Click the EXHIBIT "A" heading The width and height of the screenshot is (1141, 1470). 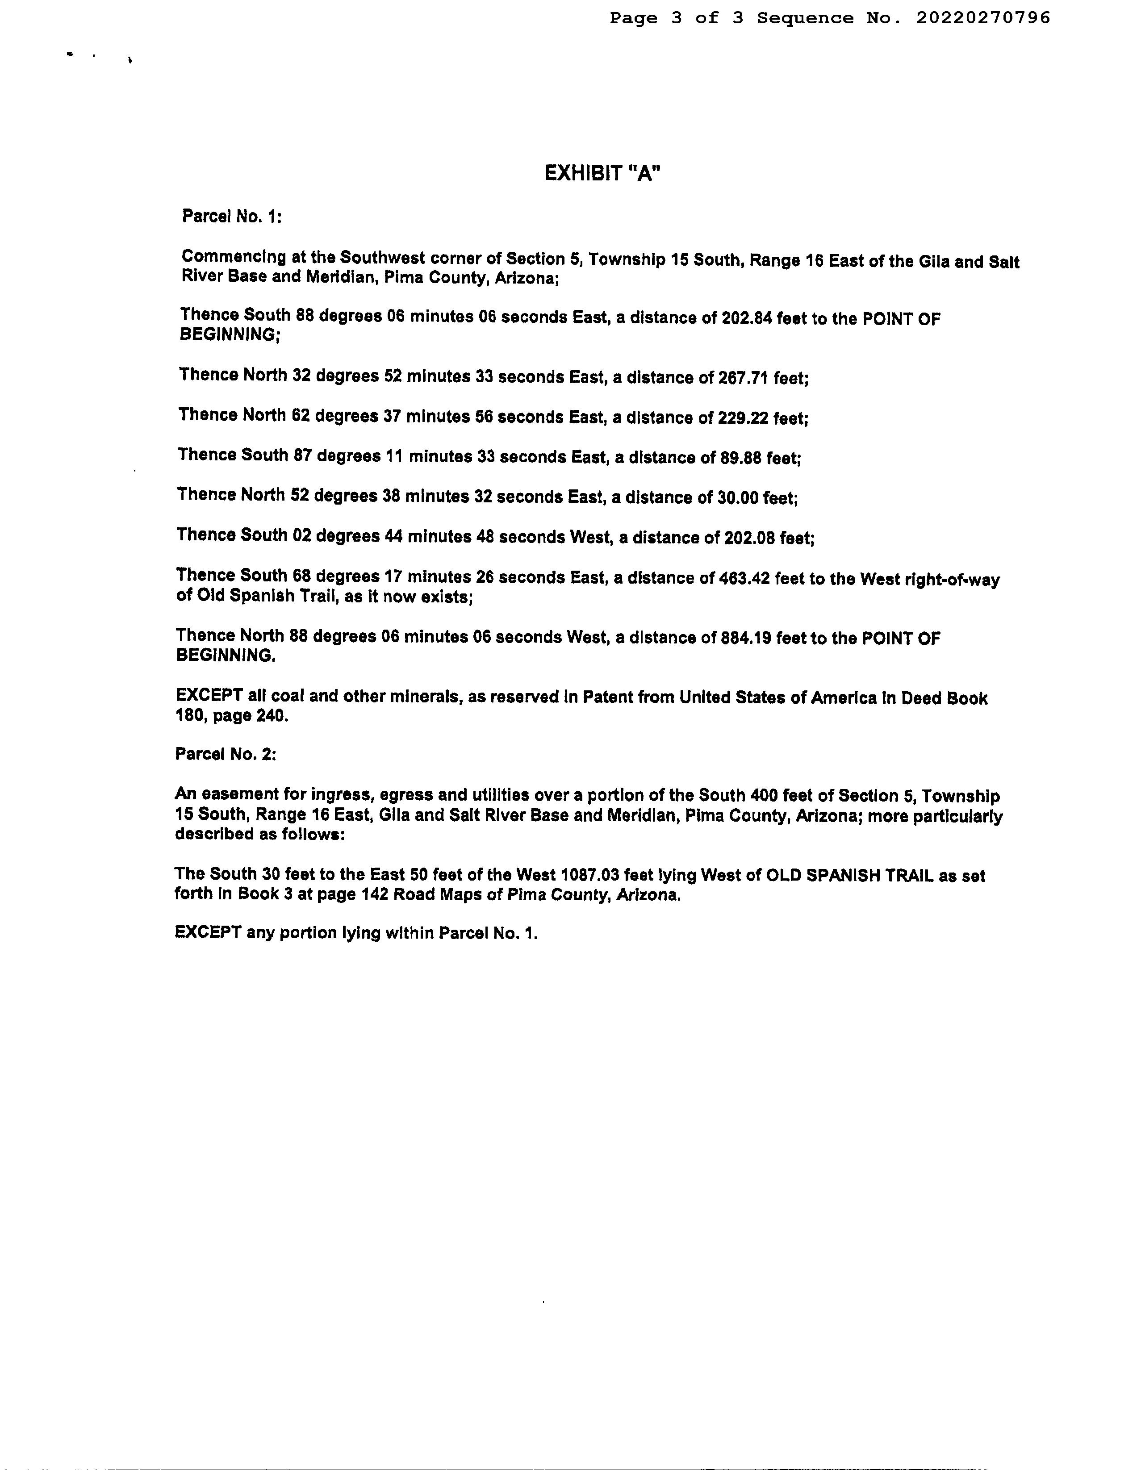(x=602, y=174)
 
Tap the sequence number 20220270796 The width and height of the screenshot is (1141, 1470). (x=983, y=18)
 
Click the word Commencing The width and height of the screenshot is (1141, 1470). (x=234, y=257)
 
